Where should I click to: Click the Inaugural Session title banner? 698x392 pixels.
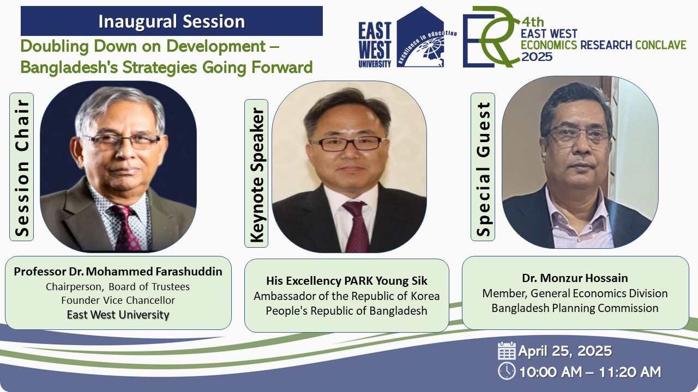tap(172, 21)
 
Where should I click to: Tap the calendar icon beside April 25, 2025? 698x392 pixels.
tap(507, 351)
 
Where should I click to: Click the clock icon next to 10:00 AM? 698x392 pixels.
tap(507, 371)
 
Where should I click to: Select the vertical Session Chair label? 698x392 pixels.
tap(21, 167)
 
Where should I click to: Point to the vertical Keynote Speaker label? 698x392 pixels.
tap(256, 173)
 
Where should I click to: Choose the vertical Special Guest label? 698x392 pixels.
tap(483, 167)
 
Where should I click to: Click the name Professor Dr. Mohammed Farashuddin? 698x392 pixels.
tap(118, 272)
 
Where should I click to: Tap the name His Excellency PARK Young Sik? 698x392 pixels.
tap(346, 281)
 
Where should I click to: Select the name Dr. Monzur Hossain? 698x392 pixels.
tap(575, 278)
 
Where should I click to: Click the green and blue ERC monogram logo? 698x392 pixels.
tap(492, 36)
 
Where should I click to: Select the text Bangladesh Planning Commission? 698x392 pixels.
tap(575, 308)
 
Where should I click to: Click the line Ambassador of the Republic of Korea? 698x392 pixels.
tap(346, 296)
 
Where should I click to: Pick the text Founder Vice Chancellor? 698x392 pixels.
tap(118, 300)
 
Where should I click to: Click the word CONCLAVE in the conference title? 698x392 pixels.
tap(660, 45)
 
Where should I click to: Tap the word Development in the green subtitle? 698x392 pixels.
tap(215, 47)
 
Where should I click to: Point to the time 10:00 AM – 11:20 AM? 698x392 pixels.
tap(590, 372)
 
